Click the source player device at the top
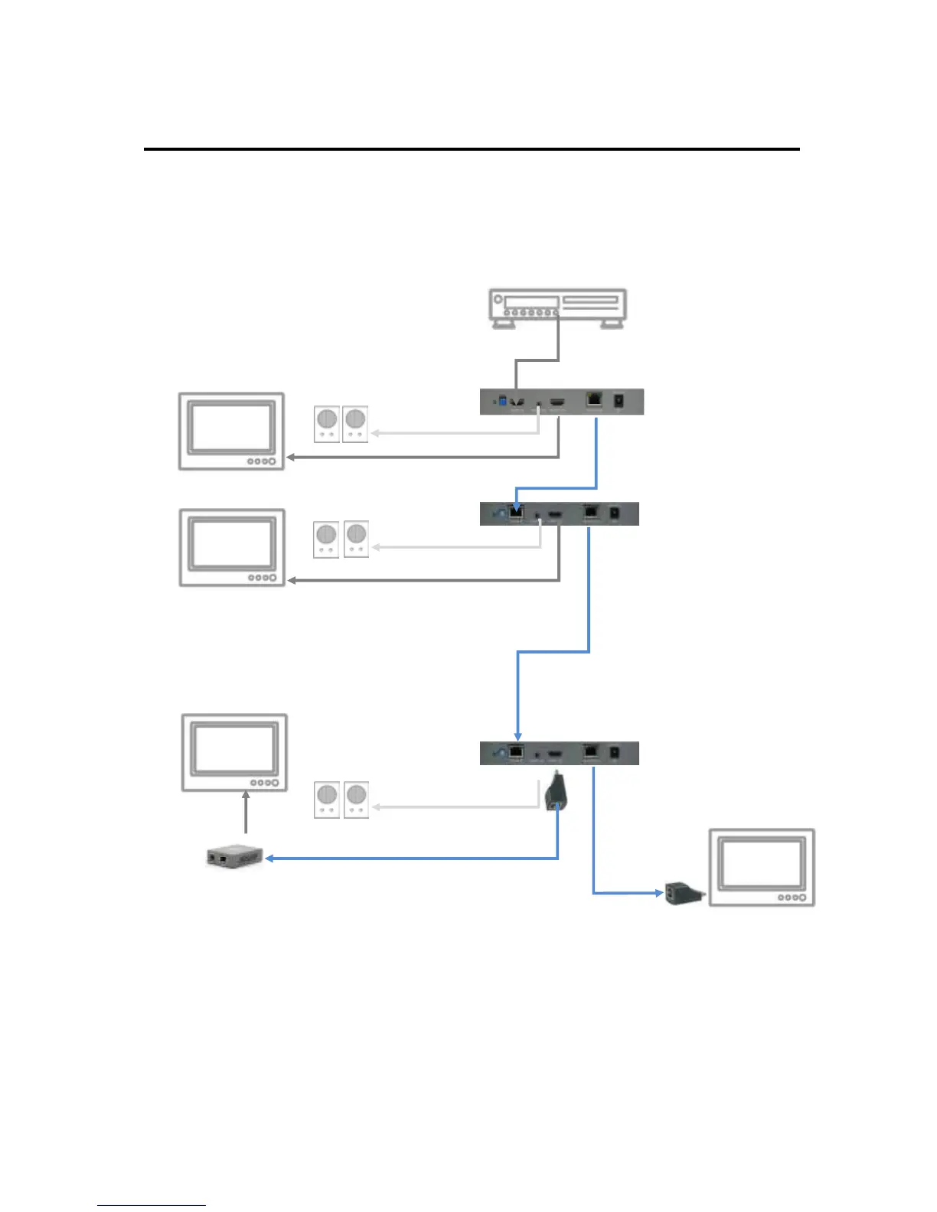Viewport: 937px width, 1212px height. [x=558, y=307]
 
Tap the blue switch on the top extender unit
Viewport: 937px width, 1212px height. [x=502, y=400]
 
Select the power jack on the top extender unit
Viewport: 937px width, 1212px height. [x=619, y=399]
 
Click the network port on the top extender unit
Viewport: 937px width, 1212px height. [x=594, y=399]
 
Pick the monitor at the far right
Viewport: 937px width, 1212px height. [x=762, y=867]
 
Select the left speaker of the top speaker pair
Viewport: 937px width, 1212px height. [x=327, y=424]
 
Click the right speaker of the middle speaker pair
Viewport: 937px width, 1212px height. [x=356, y=539]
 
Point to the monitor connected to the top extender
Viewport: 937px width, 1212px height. [x=231, y=431]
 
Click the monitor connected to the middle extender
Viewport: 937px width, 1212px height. [x=232, y=547]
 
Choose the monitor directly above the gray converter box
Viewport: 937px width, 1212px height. [x=234, y=752]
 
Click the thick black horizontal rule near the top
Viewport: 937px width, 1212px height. [x=472, y=149]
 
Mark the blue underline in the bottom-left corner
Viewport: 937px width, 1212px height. [x=151, y=1206]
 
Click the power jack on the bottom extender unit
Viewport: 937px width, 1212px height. [x=614, y=753]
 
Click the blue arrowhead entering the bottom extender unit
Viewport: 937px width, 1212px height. [x=517, y=735]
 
